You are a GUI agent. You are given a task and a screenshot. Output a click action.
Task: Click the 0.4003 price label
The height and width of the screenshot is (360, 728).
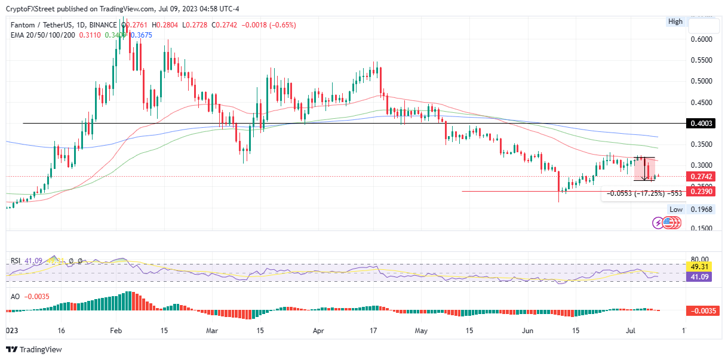[701, 123]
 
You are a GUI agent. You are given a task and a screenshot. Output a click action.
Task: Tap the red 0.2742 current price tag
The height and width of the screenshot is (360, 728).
[701, 177]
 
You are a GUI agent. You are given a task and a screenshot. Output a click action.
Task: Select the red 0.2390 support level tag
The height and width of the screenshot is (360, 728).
[701, 191]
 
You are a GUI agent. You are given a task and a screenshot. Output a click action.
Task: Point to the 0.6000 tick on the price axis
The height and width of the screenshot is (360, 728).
[701, 39]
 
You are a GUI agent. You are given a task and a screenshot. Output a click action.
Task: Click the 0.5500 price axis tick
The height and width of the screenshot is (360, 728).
[701, 60]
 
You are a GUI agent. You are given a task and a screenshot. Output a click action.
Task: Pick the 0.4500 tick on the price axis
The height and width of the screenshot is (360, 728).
[701, 102]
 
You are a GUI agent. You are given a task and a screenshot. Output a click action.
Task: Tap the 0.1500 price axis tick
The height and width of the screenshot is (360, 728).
[701, 228]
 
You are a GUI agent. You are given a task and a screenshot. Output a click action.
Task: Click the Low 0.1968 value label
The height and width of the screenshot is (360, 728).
[701, 210]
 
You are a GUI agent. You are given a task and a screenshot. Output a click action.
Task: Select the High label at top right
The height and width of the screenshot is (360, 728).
[675, 21]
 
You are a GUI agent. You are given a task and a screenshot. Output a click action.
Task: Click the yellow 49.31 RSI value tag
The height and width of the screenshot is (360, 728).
[701, 267]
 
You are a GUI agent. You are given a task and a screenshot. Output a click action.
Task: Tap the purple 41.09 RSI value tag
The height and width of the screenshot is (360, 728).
[701, 277]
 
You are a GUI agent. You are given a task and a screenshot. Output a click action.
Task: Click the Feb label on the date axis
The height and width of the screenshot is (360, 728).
[116, 330]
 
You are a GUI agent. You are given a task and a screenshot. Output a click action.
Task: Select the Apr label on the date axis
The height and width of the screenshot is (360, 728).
[318, 330]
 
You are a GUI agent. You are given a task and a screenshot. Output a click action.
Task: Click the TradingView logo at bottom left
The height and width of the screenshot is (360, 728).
[34, 349]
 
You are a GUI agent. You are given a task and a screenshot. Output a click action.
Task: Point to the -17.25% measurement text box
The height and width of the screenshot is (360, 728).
[644, 193]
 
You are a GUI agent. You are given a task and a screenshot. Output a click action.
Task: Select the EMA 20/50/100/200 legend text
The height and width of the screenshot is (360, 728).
[41, 35]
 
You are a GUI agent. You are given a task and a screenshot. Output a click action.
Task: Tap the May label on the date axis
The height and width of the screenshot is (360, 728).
[422, 330]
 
